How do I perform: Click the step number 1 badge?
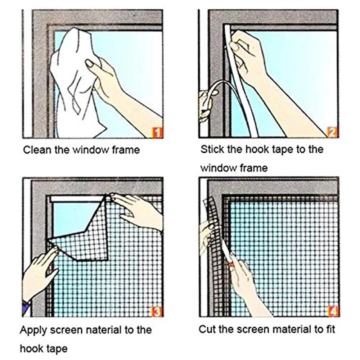click(x=158, y=133)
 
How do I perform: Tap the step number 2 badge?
click(x=333, y=133)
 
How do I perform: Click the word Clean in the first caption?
click(x=37, y=150)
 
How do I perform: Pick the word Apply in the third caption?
click(x=33, y=330)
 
